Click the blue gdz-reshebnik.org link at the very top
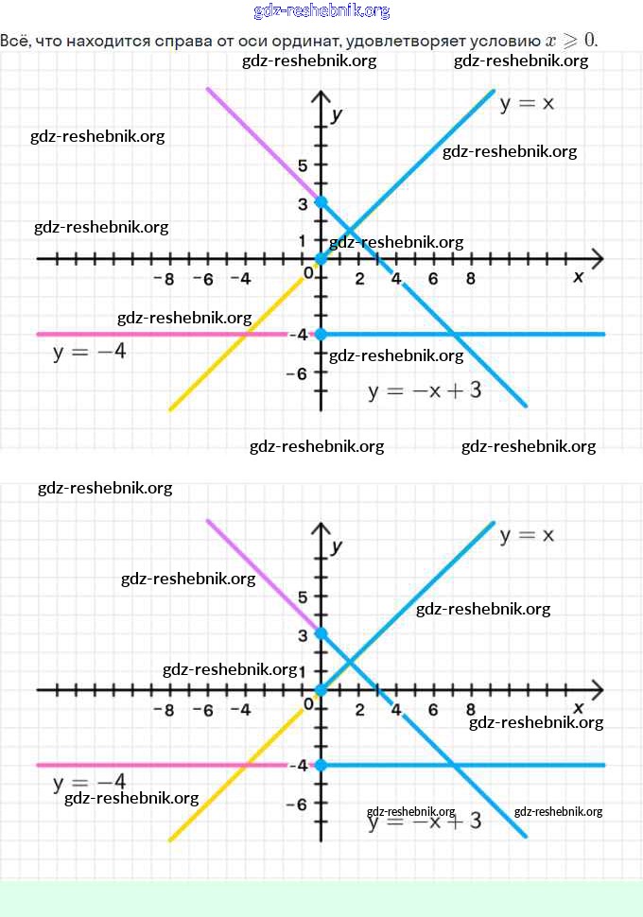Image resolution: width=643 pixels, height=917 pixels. (321, 11)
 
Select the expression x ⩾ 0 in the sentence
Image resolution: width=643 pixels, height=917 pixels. (571, 41)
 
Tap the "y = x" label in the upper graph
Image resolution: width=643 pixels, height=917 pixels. (527, 103)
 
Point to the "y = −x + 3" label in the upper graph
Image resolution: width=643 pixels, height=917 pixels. (425, 390)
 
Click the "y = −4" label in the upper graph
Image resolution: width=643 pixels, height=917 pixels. (89, 352)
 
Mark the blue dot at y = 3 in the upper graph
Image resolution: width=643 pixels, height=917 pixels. (321, 202)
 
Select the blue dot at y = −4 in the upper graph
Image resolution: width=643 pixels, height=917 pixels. (321, 334)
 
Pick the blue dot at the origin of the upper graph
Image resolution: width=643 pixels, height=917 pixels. (321, 258)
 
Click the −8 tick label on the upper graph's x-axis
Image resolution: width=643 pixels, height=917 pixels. (164, 279)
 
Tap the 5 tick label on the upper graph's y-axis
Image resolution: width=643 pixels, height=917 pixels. (304, 165)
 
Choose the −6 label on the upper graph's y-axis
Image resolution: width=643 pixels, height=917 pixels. (299, 372)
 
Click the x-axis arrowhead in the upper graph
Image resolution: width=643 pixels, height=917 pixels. (596, 258)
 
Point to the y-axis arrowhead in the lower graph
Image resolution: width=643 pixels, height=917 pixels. (321, 527)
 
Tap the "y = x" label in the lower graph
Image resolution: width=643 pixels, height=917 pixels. (527, 535)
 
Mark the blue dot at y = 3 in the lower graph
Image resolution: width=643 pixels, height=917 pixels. (321, 633)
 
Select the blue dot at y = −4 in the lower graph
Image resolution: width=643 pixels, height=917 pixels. (321, 765)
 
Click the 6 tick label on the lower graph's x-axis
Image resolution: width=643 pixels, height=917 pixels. (433, 710)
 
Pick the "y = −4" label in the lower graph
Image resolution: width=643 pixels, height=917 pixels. (89, 782)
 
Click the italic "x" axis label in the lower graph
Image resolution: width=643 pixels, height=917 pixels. (579, 708)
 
